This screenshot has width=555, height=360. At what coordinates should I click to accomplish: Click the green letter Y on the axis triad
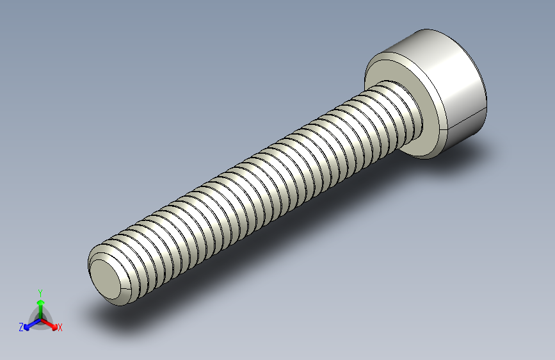click(40, 292)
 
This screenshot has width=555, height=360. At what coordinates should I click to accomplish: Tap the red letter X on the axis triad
click(60, 328)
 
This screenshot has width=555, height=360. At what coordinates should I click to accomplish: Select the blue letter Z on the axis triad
click(21, 327)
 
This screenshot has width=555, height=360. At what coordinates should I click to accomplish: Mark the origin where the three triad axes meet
click(40, 319)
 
